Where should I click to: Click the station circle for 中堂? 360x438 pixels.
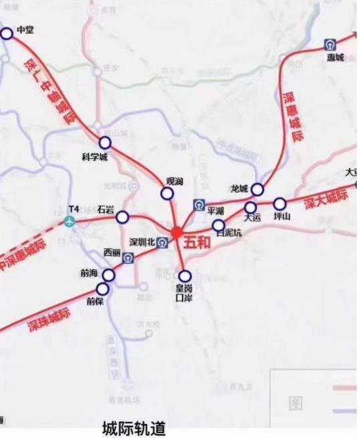(7, 33)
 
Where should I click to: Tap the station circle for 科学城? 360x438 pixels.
(105, 143)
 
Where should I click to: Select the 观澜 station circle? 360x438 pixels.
(166, 194)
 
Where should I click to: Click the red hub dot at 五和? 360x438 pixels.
(176, 232)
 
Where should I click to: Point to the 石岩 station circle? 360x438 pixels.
(122, 217)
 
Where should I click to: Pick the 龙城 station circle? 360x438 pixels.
(257, 190)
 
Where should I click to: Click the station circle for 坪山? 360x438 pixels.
(280, 204)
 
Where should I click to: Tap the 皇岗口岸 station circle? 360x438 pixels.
(185, 275)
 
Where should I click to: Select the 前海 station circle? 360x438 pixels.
(108, 275)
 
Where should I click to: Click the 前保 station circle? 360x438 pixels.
(102, 288)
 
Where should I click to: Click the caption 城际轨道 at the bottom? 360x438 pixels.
(134, 428)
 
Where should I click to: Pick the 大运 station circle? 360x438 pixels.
(250, 207)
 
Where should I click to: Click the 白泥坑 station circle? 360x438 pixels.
(218, 224)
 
